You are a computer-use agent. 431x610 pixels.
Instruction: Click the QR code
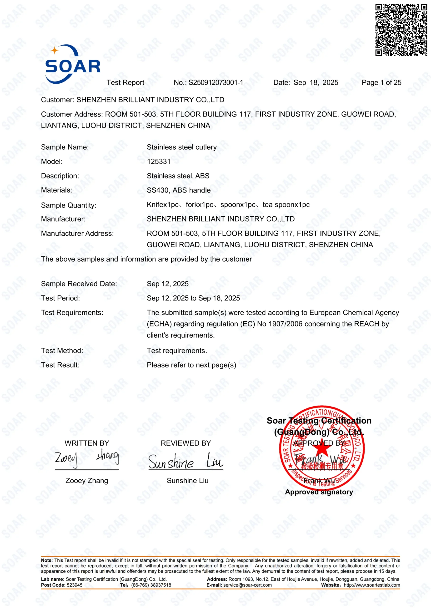[401, 30]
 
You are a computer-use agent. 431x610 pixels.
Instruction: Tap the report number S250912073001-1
[216, 83]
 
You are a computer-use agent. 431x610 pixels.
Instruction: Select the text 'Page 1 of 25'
[381, 83]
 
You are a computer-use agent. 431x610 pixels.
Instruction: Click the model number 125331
[159, 162]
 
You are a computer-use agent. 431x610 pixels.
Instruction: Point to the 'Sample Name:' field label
[65, 147]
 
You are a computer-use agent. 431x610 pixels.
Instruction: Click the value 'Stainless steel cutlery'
[182, 147]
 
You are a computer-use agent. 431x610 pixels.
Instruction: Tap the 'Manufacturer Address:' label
[77, 234]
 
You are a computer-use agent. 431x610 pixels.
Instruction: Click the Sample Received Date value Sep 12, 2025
[168, 284]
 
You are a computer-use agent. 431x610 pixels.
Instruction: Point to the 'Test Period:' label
[60, 298]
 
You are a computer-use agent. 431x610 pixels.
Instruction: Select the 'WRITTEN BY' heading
[87, 443]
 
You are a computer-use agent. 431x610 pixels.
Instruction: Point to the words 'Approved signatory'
[319, 492]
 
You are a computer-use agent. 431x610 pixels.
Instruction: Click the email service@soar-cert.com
[247, 585]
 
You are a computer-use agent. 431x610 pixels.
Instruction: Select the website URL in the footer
[372, 585]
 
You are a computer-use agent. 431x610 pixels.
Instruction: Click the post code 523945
[74, 585]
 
